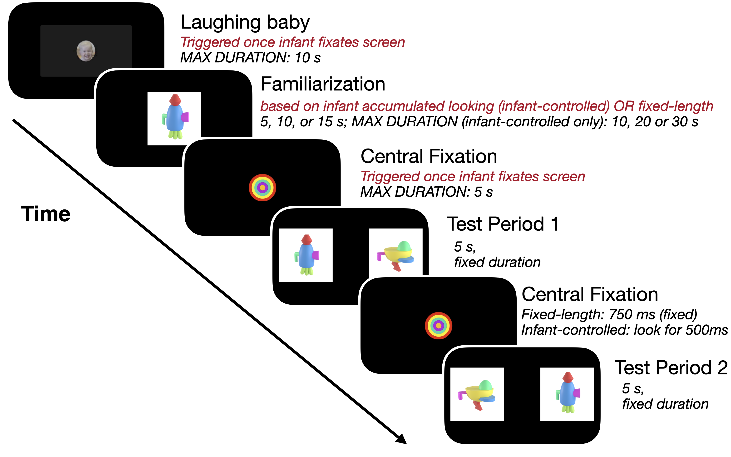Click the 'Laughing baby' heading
tap(245, 22)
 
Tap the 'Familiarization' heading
tap(323, 84)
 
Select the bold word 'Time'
tap(46, 214)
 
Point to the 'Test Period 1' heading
tap(503, 224)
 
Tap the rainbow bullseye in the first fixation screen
tap(262, 188)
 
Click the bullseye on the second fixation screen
tap(438, 326)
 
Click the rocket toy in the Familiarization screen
tap(175, 118)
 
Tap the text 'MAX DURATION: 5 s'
tap(426, 192)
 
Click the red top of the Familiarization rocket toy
tap(175, 99)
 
